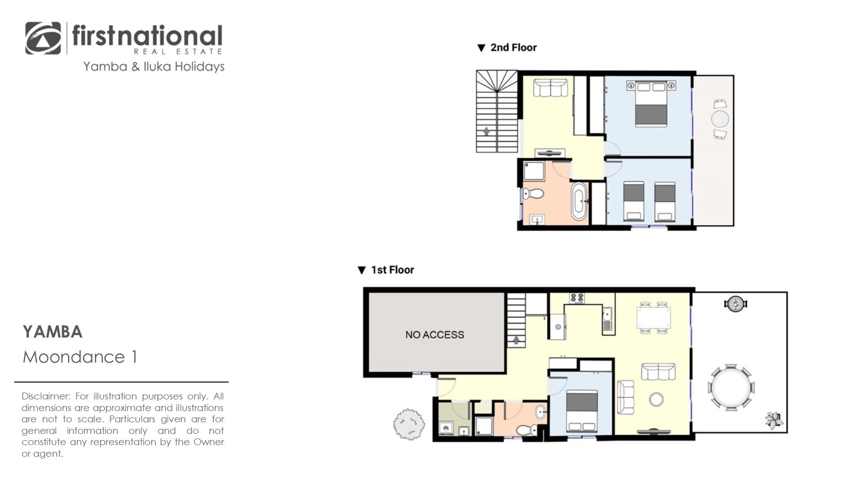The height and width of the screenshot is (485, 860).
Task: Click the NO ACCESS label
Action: [434, 334]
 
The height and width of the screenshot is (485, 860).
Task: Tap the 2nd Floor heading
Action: [513, 48]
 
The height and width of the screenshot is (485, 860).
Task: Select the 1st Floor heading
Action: [392, 270]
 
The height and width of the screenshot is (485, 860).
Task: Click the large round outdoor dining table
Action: [731, 387]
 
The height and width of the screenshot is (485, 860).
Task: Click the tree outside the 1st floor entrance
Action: [408, 423]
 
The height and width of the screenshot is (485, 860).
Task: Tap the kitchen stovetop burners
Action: [576, 298]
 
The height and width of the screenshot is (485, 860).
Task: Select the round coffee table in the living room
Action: [657, 399]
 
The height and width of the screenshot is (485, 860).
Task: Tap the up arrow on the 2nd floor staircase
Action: [486, 131]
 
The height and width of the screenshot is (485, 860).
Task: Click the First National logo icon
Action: [43, 38]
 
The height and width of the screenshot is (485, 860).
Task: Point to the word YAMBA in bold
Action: [53, 332]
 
